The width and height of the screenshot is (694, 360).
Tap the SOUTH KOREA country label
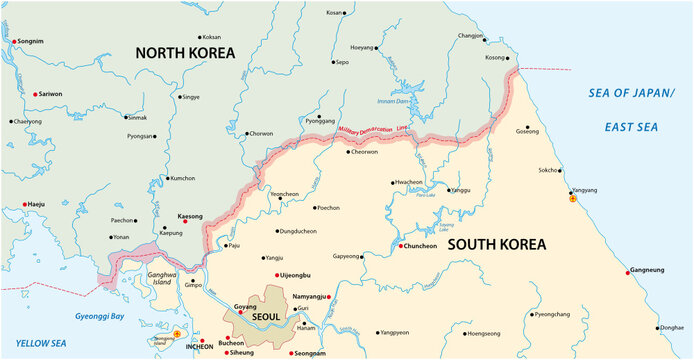(x=510, y=243)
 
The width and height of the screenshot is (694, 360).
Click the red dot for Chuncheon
(x=401, y=246)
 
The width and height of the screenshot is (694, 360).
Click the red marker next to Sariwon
(x=35, y=94)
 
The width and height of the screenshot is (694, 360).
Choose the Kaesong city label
(x=189, y=216)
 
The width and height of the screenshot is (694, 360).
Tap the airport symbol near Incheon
(x=177, y=333)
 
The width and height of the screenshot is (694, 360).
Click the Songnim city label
(x=31, y=41)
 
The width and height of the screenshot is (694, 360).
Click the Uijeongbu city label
(x=294, y=274)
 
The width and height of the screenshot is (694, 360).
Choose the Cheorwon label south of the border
(x=365, y=152)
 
